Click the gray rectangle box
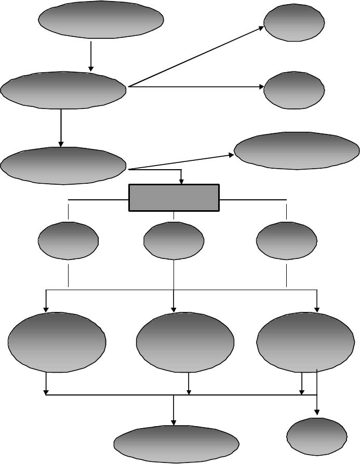pyautogui.click(x=174, y=198)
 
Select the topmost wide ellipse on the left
pyautogui.click(x=102, y=19)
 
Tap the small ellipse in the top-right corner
pyautogui.click(x=295, y=22)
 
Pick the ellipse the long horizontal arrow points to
pyautogui.click(x=295, y=89)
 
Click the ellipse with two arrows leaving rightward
pyautogui.click(x=63, y=90)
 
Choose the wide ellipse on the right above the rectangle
pyautogui.click(x=297, y=151)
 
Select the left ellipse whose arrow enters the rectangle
pyautogui.click(x=63, y=166)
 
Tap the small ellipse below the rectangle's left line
pyautogui.click(x=68, y=240)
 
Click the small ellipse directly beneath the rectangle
pyautogui.click(x=174, y=240)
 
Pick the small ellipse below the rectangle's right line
pyautogui.click(x=286, y=240)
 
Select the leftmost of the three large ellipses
pyautogui.click(x=57, y=342)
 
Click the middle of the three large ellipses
pyautogui.click(x=185, y=342)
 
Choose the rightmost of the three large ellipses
pyautogui.click(x=305, y=342)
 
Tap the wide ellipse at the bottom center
pyautogui.click(x=177, y=444)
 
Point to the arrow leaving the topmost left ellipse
pyautogui.click(x=91, y=56)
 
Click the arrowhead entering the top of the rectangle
pyautogui.click(x=181, y=181)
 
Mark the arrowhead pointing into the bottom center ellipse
pyautogui.click(x=174, y=422)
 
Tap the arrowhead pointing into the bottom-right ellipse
pyautogui.click(x=317, y=412)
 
